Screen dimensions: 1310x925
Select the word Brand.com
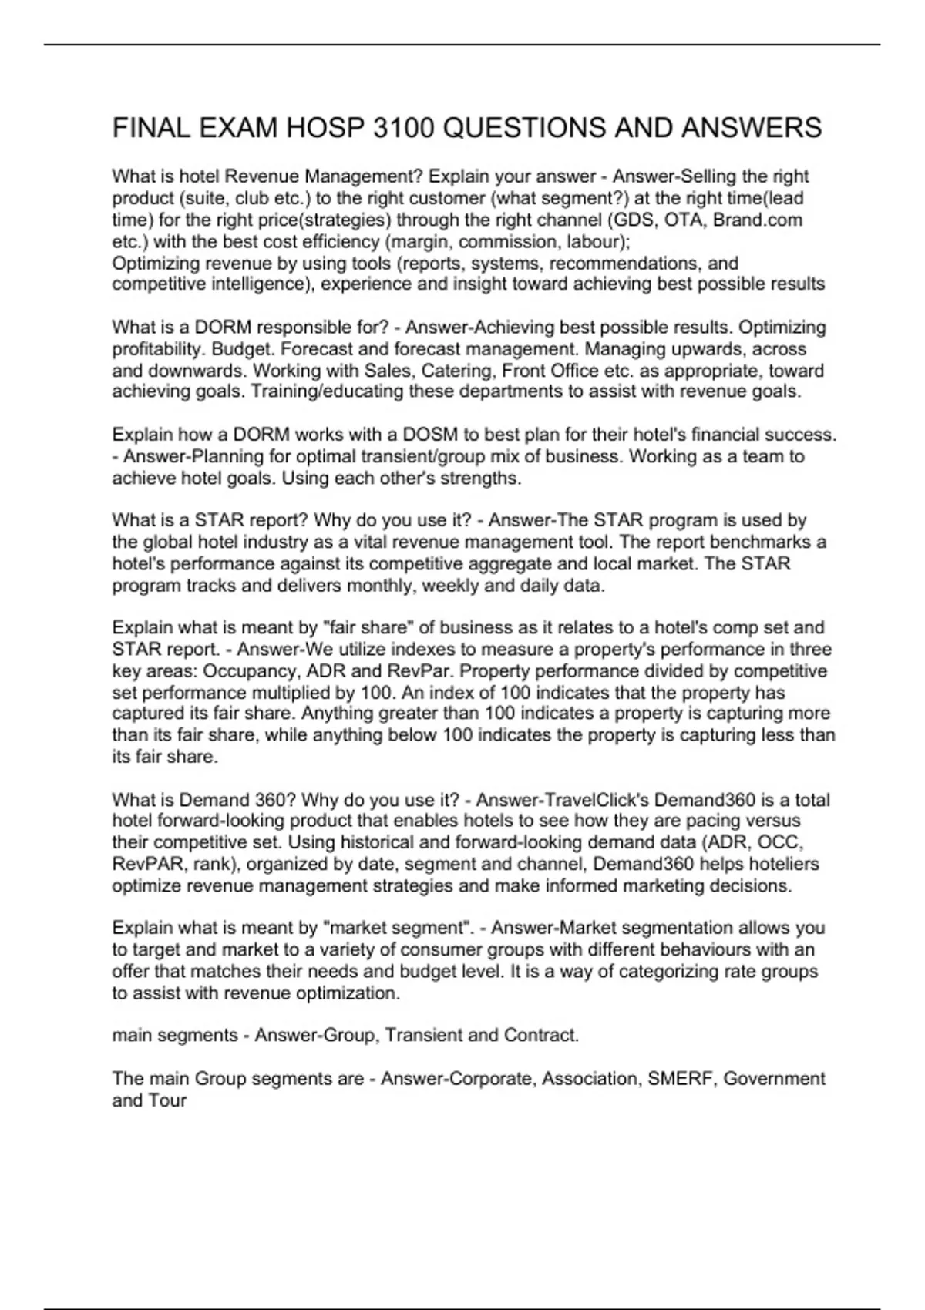point(758,220)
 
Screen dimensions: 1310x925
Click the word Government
point(774,1078)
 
